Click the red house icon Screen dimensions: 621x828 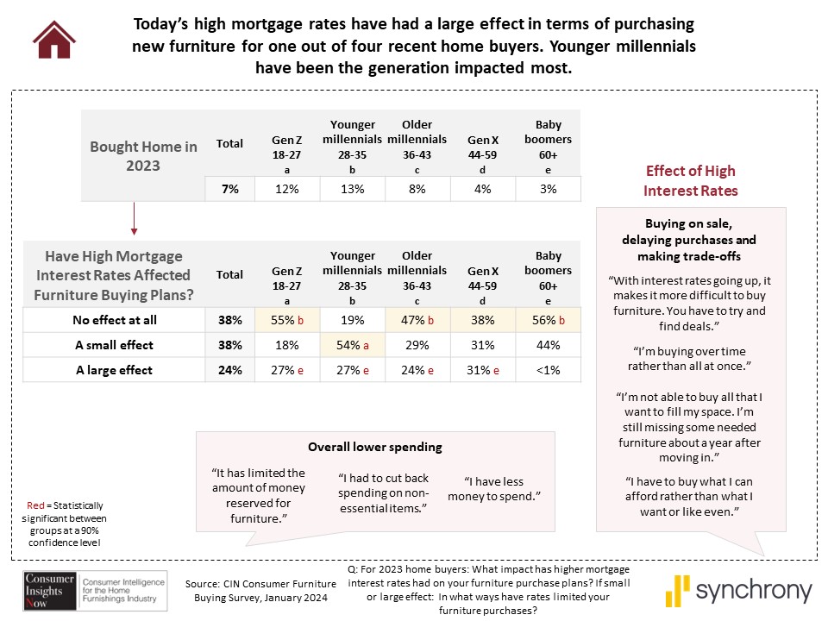click(x=53, y=39)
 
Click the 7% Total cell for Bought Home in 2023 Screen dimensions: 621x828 click(x=229, y=189)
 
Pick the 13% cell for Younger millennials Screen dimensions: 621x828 click(x=352, y=189)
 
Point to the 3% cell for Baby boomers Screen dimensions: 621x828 click(x=548, y=189)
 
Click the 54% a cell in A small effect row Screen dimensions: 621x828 click(x=352, y=345)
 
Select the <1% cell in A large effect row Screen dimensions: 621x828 click(x=548, y=370)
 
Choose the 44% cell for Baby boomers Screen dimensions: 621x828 click(x=548, y=345)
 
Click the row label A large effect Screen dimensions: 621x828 click(x=115, y=370)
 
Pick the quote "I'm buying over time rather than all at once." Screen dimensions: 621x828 click(x=689, y=360)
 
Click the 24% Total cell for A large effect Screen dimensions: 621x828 click(x=229, y=370)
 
